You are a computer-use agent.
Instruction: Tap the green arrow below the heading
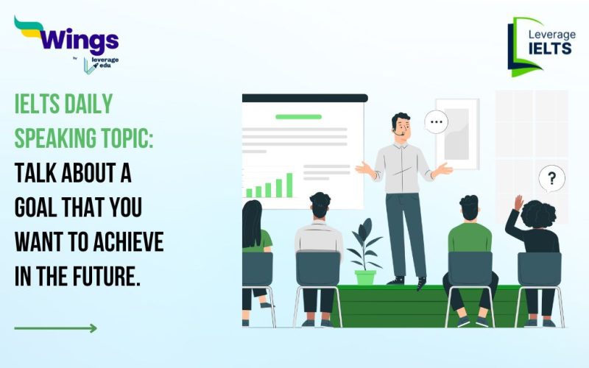pyautogui.click(x=55, y=328)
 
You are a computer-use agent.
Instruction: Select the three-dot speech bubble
pyautogui.click(x=436, y=122)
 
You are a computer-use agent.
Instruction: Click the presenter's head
pyautogui.click(x=401, y=127)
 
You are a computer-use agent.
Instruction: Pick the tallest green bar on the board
pyautogui.click(x=289, y=185)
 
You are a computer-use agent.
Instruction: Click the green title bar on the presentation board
pyautogui.click(x=298, y=116)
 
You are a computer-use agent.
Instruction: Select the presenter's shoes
pyautogui.click(x=409, y=282)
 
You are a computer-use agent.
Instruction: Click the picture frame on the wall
pyautogui.click(x=456, y=132)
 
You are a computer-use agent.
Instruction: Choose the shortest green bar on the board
pyautogui.click(x=249, y=193)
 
